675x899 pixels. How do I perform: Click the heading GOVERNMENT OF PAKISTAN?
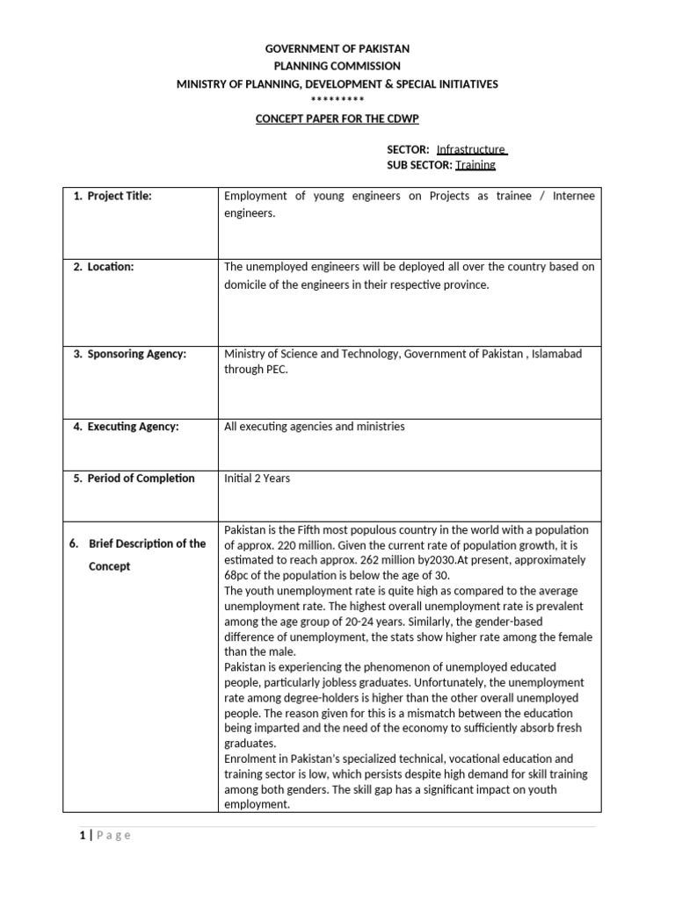click(337, 49)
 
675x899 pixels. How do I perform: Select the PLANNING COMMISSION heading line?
click(337, 66)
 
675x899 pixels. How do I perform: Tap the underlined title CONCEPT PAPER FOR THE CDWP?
click(337, 119)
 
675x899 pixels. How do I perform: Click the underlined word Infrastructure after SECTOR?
click(472, 149)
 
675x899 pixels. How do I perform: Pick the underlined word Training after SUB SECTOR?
click(475, 164)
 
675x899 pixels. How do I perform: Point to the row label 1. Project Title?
click(112, 196)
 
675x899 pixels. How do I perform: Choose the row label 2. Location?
click(103, 267)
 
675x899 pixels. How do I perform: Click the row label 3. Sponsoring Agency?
click(129, 354)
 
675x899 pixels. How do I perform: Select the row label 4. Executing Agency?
click(126, 427)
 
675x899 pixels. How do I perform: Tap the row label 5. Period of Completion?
click(134, 478)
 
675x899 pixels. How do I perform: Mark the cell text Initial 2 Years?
click(257, 478)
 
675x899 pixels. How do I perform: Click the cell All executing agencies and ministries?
click(315, 427)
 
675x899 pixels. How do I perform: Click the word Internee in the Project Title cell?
click(574, 196)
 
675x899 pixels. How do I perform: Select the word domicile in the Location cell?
click(248, 285)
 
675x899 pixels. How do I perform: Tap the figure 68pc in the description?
click(238, 575)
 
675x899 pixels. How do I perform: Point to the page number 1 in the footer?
click(81, 835)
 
